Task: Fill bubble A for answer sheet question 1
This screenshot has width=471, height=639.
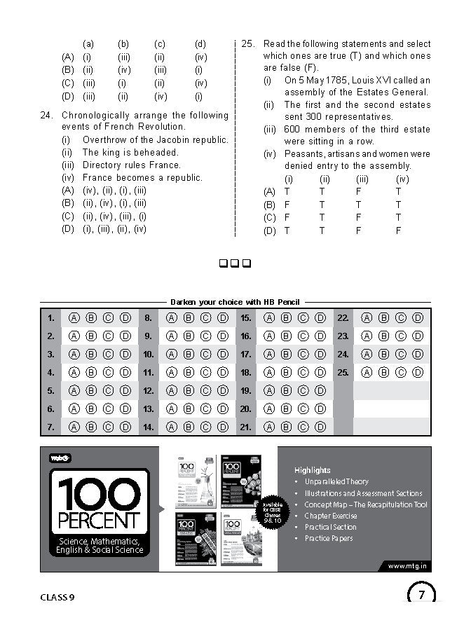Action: pyautogui.click(x=74, y=318)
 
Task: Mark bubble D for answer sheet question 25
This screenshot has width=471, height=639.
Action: pyautogui.click(x=418, y=372)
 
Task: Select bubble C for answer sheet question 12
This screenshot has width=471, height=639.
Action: pyautogui.click(x=205, y=390)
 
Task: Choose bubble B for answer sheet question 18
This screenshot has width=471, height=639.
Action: pyautogui.click(x=286, y=372)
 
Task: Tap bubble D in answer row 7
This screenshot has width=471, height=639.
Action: pyautogui.click(x=125, y=426)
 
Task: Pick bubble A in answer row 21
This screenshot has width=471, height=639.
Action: pyautogui.click(x=268, y=426)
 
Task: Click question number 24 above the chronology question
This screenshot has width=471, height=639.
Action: pyautogui.click(x=48, y=115)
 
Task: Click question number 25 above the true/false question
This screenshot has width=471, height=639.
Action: pyautogui.click(x=247, y=43)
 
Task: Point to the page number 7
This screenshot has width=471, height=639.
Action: pyautogui.click(x=421, y=596)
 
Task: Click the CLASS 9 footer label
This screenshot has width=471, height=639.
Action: pyautogui.click(x=57, y=597)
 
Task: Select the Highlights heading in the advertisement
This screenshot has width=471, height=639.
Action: pyautogui.click(x=313, y=470)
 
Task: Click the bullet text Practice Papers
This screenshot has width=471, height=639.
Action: pyautogui.click(x=329, y=538)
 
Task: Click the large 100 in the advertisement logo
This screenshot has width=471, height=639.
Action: pyautogui.click(x=99, y=494)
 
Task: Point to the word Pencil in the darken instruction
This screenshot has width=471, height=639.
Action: pyautogui.click(x=288, y=302)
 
